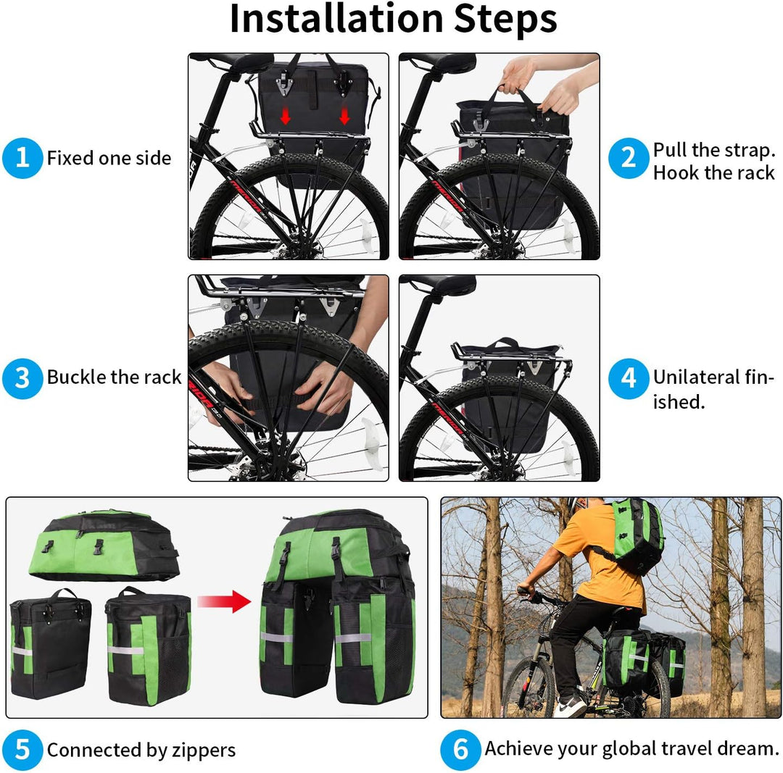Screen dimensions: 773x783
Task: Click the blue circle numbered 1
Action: tap(23, 158)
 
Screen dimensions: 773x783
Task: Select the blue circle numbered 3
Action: tap(23, 378)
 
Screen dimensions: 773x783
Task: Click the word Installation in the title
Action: tap(336, 20)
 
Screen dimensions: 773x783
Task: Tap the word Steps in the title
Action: tap(505, 20)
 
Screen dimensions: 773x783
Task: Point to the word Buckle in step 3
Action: tap(76, 377)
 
